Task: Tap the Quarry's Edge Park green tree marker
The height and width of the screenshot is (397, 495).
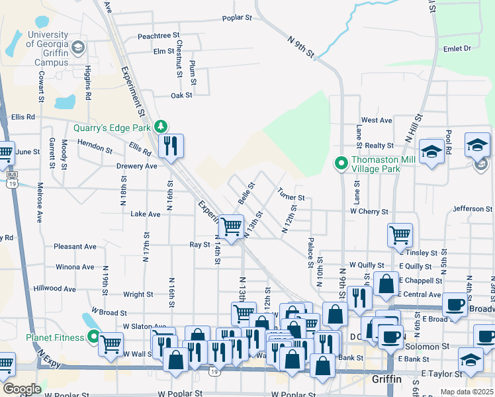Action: (159, 126)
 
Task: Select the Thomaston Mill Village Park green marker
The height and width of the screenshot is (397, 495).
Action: (341, 162)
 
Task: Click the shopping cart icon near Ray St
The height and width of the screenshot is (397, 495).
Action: (232, 226)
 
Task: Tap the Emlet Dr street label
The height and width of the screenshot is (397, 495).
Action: (457, 48)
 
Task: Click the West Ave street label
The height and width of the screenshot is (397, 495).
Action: (377, 120)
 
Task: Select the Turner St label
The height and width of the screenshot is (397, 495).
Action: (291, 197)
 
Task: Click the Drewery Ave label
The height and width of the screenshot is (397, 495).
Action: (137, 166)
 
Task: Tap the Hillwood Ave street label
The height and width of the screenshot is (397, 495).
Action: (55, 288)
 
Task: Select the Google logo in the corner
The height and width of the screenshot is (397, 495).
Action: (22, 388)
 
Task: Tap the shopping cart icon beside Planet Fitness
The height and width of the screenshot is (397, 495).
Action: (111, 343)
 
